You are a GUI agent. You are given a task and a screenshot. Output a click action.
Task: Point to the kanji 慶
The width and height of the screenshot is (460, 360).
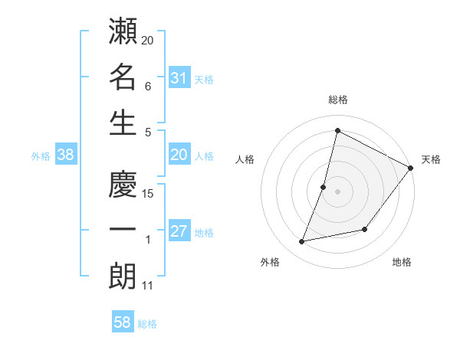coord(123,185)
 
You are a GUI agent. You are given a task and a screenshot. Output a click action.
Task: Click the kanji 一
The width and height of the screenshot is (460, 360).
coord(123,231)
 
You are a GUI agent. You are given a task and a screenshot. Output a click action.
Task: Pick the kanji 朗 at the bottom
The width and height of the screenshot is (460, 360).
coord(123,277)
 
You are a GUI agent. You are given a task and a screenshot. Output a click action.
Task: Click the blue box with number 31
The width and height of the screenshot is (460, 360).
coord(179,78)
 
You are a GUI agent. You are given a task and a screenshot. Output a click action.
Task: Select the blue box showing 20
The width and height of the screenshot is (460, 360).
coord(179,155)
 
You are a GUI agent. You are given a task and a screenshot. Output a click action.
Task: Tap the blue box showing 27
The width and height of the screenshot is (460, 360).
coord(179,232)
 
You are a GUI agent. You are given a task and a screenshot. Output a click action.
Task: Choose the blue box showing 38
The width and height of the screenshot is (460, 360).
coord(66,155)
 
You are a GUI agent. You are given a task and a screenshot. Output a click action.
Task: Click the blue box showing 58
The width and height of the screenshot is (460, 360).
coord(123,323)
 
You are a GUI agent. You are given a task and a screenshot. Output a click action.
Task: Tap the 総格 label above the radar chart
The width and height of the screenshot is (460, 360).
coord(337,100)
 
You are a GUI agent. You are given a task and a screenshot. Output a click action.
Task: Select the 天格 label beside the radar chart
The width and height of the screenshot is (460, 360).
coord(431,159)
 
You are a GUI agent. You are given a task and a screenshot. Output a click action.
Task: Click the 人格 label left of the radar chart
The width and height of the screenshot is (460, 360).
coord(245,159)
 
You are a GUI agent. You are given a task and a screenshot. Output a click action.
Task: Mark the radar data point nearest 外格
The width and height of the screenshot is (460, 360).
coord(302,242)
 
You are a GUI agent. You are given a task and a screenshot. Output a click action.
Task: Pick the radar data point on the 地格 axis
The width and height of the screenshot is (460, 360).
coord(365,230)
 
